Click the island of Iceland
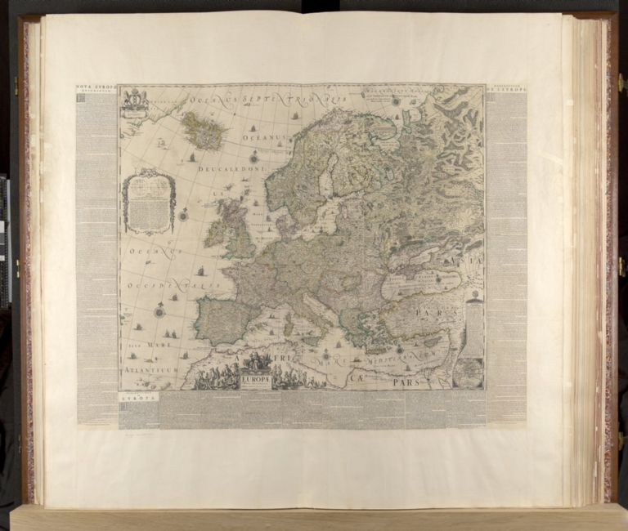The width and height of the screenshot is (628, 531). click(202, 131)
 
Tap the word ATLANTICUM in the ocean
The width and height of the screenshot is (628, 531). click(151, 370)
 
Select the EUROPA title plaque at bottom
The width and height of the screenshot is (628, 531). click(256, 380)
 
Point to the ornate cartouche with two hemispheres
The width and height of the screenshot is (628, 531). click(148, 199)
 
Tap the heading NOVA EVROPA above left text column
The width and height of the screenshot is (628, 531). click(96, 86)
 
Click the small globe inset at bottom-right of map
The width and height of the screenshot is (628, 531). click(470, 373)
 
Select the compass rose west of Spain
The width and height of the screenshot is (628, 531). click(159, 311)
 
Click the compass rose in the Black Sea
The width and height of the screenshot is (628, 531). click(438, 279)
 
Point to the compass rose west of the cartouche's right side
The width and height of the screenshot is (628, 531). click(183, 215)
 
